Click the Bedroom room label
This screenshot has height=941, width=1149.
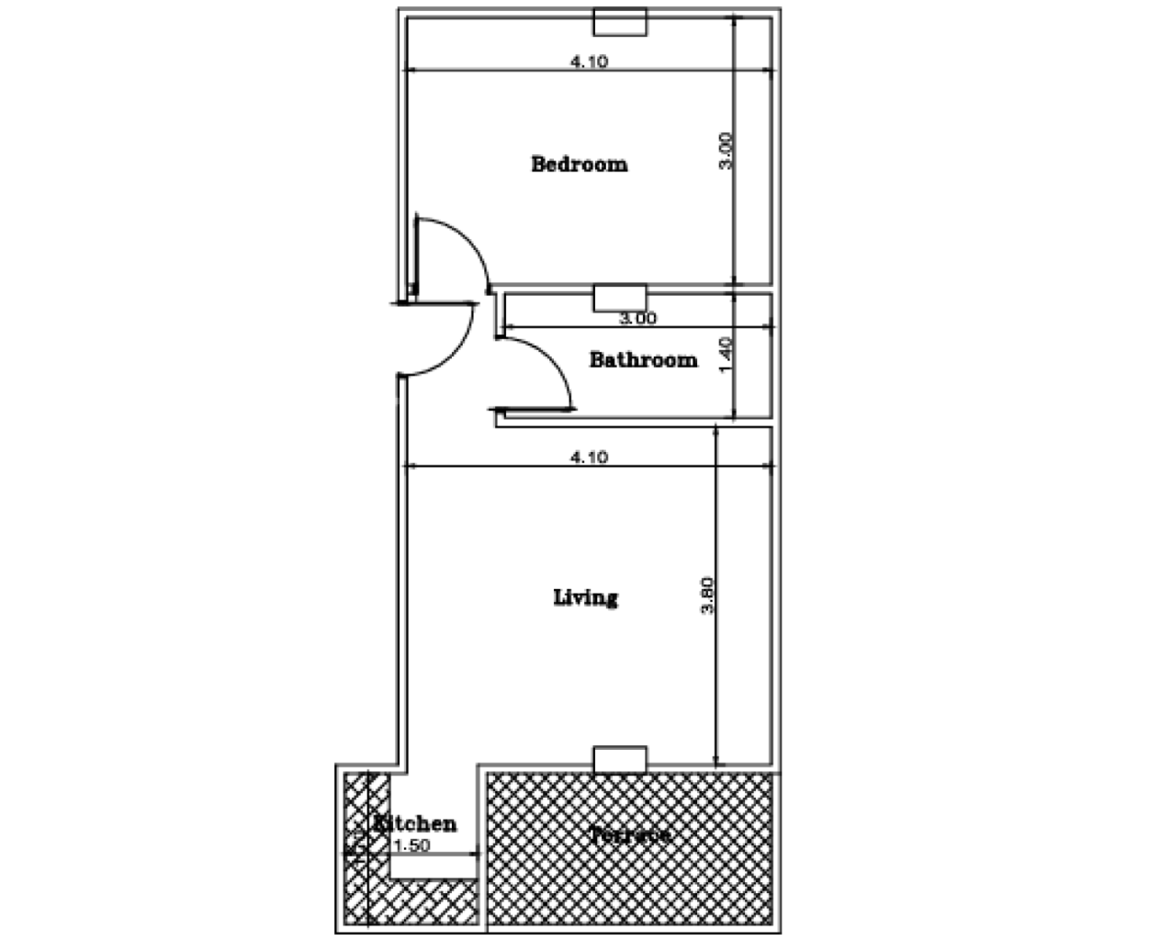[580, 165]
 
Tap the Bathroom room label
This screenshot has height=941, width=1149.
[643, 360]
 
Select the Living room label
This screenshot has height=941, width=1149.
[585, 598]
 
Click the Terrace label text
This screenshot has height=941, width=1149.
[630, 836]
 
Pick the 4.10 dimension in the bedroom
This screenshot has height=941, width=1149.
[589, 62]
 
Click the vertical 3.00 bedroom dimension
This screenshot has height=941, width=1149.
[726, 151]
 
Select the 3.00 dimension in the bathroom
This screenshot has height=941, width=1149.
[636, 319]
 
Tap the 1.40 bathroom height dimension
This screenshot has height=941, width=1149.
[725, 354]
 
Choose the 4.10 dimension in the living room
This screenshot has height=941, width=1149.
[589, 457]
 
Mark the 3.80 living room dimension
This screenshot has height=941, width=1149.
[707, 595]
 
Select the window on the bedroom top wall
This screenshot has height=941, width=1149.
[620, 22]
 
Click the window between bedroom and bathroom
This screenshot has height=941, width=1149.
[620, 298]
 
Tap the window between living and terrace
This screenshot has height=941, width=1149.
[620, 760]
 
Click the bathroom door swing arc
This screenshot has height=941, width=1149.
[556, 363]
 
